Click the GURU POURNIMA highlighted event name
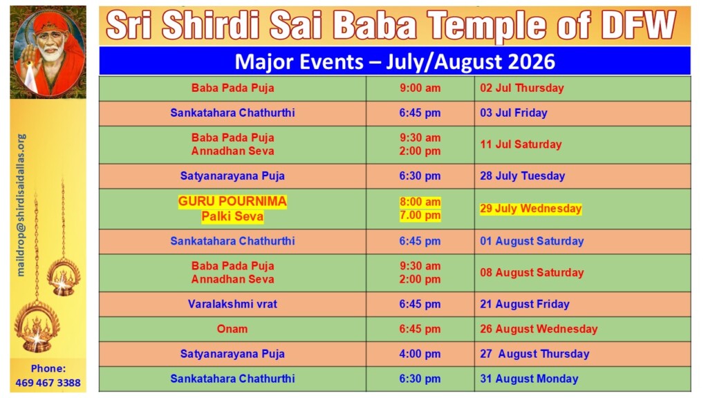point(232,201)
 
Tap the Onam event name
point(232,329)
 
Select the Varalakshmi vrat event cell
point(232,304)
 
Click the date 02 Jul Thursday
point(522,88)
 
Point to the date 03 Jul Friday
point(514,113)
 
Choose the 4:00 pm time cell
point(420,354)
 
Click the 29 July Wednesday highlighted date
point(530,209)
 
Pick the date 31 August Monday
point(529,379)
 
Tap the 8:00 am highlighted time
point(420,202)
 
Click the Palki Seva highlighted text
point(232,216)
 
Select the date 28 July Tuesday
point(523,176)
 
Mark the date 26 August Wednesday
point(539,329)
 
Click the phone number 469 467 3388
point(48,383)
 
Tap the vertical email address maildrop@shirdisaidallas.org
point(21,205)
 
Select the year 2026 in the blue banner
point(532,61)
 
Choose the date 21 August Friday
point(525,304)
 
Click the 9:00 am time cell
point(420,88)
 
